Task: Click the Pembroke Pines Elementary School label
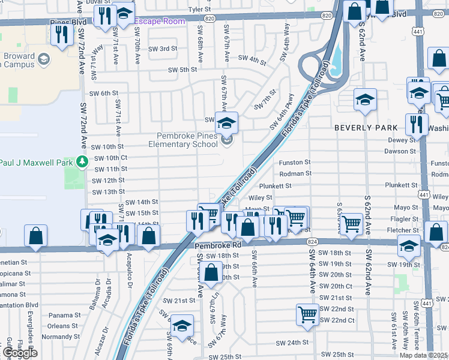[187, 140]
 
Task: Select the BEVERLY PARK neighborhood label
[366, 128]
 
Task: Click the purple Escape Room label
[159, 21]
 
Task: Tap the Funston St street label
[294, 162]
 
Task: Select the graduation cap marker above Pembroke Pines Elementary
[226, 123]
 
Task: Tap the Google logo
[20, 352]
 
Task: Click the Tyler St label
[200, 10]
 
